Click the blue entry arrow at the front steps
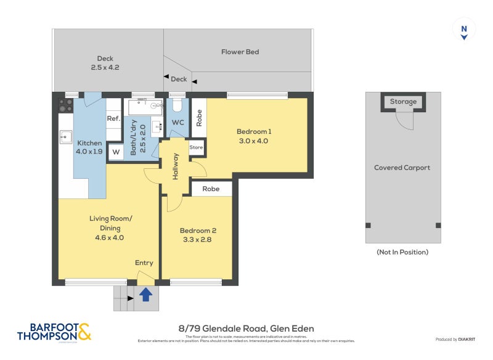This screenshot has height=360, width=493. [x=145, y=295]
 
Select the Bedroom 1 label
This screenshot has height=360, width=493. [x=254, y=131]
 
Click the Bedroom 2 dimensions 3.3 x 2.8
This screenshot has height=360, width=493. [x=198, y=240]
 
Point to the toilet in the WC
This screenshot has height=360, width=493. [x=178, y=105]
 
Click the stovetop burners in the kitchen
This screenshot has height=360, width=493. [x=65, y=105]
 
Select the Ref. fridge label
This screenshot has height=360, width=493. [x=113, y=118]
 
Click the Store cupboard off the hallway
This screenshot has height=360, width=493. [x=196, y=147]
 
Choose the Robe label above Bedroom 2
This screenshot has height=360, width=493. [x=211, y=189]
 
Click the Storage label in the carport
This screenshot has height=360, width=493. [x=403, y=102]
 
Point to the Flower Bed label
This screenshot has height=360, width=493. [x=240, y=52]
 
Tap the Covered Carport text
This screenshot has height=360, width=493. [x=402, y=168]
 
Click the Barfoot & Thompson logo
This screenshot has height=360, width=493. [x=54, y=332]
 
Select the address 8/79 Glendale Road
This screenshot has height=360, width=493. [x=245, y=329]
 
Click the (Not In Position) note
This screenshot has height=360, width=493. [x=402, y=252]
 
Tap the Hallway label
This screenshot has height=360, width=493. [x=175, y=166]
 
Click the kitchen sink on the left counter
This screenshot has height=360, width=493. [x=65, y=136]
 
